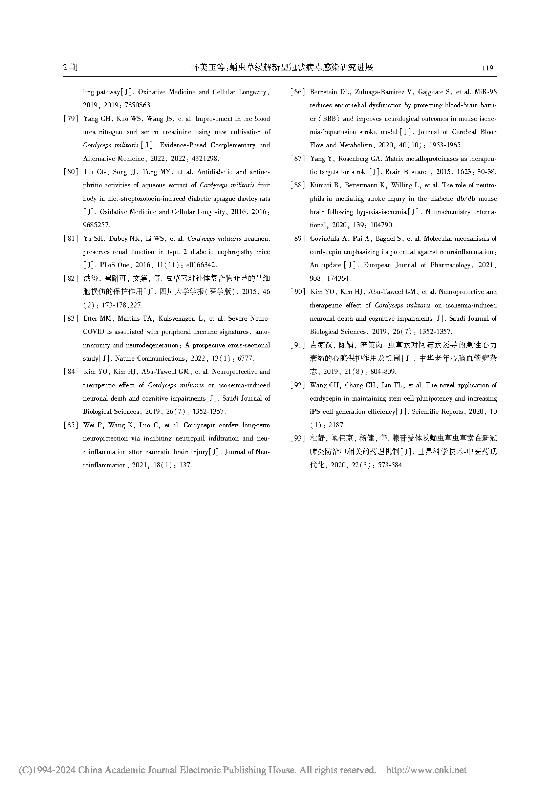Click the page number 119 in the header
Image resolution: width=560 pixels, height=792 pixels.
(x=487, y=68)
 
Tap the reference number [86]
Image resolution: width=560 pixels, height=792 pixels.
(x=297, y=92)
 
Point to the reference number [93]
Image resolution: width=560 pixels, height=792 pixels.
(x=297, y=438)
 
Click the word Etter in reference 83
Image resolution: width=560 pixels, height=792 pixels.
(x=90, y=319)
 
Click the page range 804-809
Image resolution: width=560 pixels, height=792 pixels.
(x=383, y=372)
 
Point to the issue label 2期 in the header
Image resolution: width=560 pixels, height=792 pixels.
(x=70, y=68)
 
